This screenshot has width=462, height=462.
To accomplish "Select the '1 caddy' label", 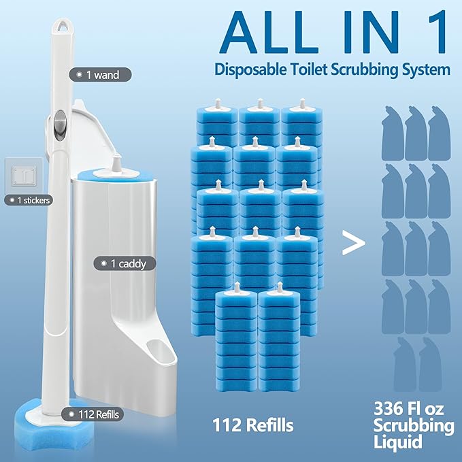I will (x=119, y=262).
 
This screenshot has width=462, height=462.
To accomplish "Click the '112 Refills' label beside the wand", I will (x=89, y=413).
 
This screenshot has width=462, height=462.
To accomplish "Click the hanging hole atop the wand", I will (x=63, y=24).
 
